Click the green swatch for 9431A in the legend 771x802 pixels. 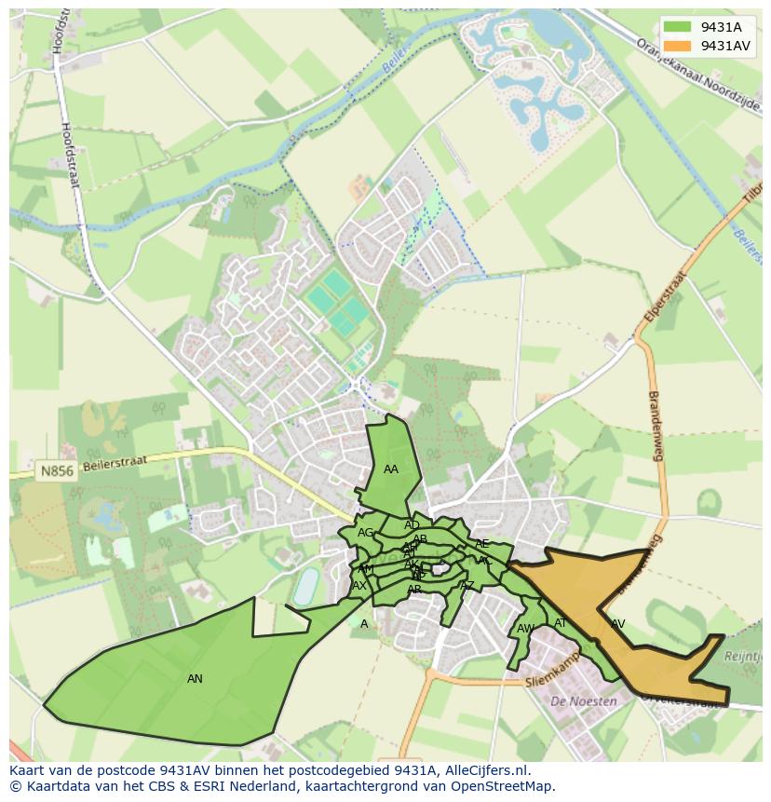point(678,27)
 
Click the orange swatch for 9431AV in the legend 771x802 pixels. point(678,46)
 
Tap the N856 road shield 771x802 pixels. point(56,471)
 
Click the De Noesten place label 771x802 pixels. point(584,700)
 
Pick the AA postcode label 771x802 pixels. point(391,469)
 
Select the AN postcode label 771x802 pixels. point(195,679)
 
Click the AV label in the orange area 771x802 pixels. point(617,624)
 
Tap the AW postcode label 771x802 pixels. point(525,629)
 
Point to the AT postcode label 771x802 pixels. point(561,623)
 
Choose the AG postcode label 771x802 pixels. point(365,533)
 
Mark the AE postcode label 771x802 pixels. point(481,544)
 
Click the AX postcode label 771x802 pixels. point(358,586)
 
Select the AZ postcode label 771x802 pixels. point(467,586)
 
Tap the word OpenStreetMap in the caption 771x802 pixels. point(506,786)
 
